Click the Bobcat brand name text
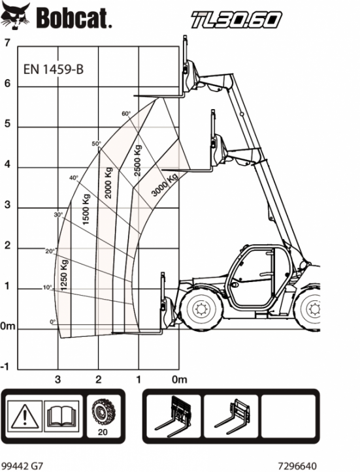click(74, 18)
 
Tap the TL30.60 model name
click(236, 20)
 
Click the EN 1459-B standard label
click(54, 70)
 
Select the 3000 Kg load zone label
click(165, 185)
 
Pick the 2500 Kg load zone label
click(137, 161)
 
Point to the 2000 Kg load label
click(108, 183)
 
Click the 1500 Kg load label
click(86, 209)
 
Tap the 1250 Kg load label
click(64, 274)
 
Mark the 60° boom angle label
click(126, 114)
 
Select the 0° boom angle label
click(53, 322)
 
